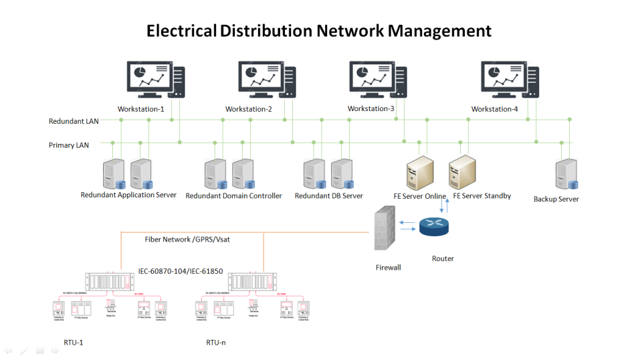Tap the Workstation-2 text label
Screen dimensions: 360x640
pos(249,109)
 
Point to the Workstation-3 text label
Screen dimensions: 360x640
pos(371,108)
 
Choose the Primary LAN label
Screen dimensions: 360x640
pos(69,145)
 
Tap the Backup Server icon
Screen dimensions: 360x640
pos(566,174)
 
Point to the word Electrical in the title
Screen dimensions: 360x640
pos(181,31)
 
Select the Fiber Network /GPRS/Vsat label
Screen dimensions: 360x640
pos(187,239)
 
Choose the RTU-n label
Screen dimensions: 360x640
pos(216,342)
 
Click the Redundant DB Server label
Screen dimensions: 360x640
pos(329,196)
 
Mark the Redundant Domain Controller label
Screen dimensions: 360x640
pos(233,196)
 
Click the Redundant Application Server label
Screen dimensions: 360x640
pos(128,195)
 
